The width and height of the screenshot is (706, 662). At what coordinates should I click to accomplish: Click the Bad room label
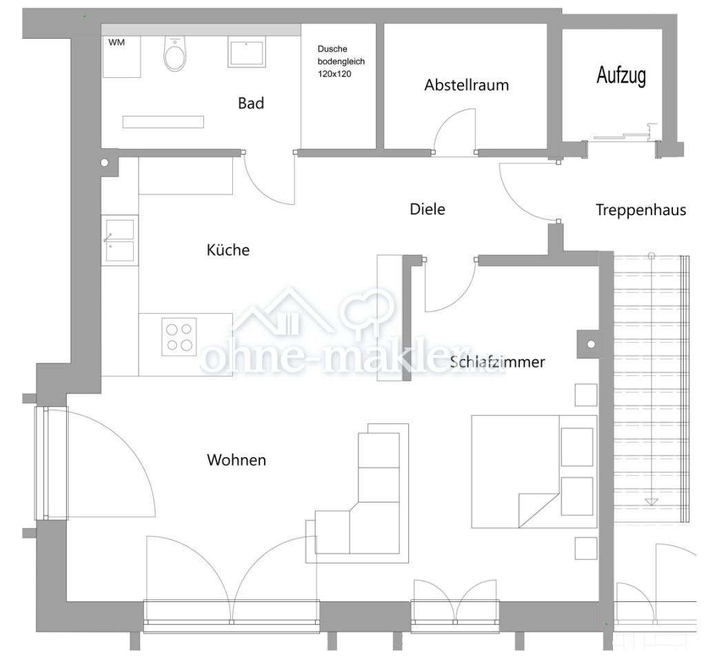click(x=251, y=103)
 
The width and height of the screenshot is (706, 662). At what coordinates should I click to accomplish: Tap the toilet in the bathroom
click(x=174, y=54)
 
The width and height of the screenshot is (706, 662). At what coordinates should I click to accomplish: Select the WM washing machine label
click(x=117, y=42)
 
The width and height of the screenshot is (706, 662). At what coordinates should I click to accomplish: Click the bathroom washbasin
click(x=246, y=52)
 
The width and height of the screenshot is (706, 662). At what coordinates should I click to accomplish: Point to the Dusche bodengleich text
click(x=341, y=55)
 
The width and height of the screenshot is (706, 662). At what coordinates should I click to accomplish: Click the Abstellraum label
click(x=467, y=85)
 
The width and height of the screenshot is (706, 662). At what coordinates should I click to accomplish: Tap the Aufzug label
click(x=621, y=75)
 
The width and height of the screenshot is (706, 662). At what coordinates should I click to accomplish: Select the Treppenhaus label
click(x=641, y=210)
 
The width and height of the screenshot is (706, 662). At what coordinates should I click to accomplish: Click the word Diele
click(x=427, y=209)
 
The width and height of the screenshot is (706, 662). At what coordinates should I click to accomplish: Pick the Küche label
click(x=228, y=250)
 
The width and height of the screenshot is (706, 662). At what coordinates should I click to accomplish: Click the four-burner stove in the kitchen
click(x=179, y=337)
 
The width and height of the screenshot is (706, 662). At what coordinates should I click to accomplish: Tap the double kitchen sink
click(x=120, y=240)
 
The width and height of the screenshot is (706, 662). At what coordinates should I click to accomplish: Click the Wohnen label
click(x=236, y=460)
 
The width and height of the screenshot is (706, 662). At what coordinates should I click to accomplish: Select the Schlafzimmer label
click(x=497, y=361)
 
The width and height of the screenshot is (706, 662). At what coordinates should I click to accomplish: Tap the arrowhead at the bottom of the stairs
click(x=651, y=502)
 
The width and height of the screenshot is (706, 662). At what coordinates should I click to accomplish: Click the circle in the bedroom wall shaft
click(x=591, y=345)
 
